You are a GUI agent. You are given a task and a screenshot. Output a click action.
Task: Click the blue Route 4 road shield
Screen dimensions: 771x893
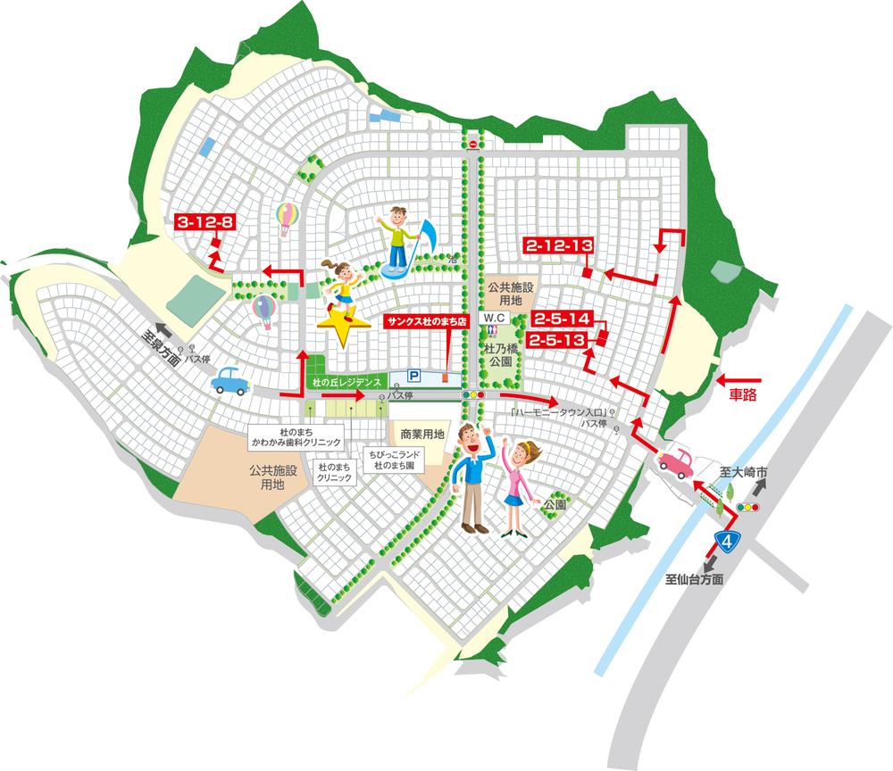click(729, 539)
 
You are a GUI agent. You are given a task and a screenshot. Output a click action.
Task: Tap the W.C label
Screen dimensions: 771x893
click(496, 318)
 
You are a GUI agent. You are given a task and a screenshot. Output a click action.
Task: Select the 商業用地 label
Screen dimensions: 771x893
click(422, 434)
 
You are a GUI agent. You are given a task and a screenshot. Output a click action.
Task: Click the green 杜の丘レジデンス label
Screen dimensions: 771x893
click(343, 381)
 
